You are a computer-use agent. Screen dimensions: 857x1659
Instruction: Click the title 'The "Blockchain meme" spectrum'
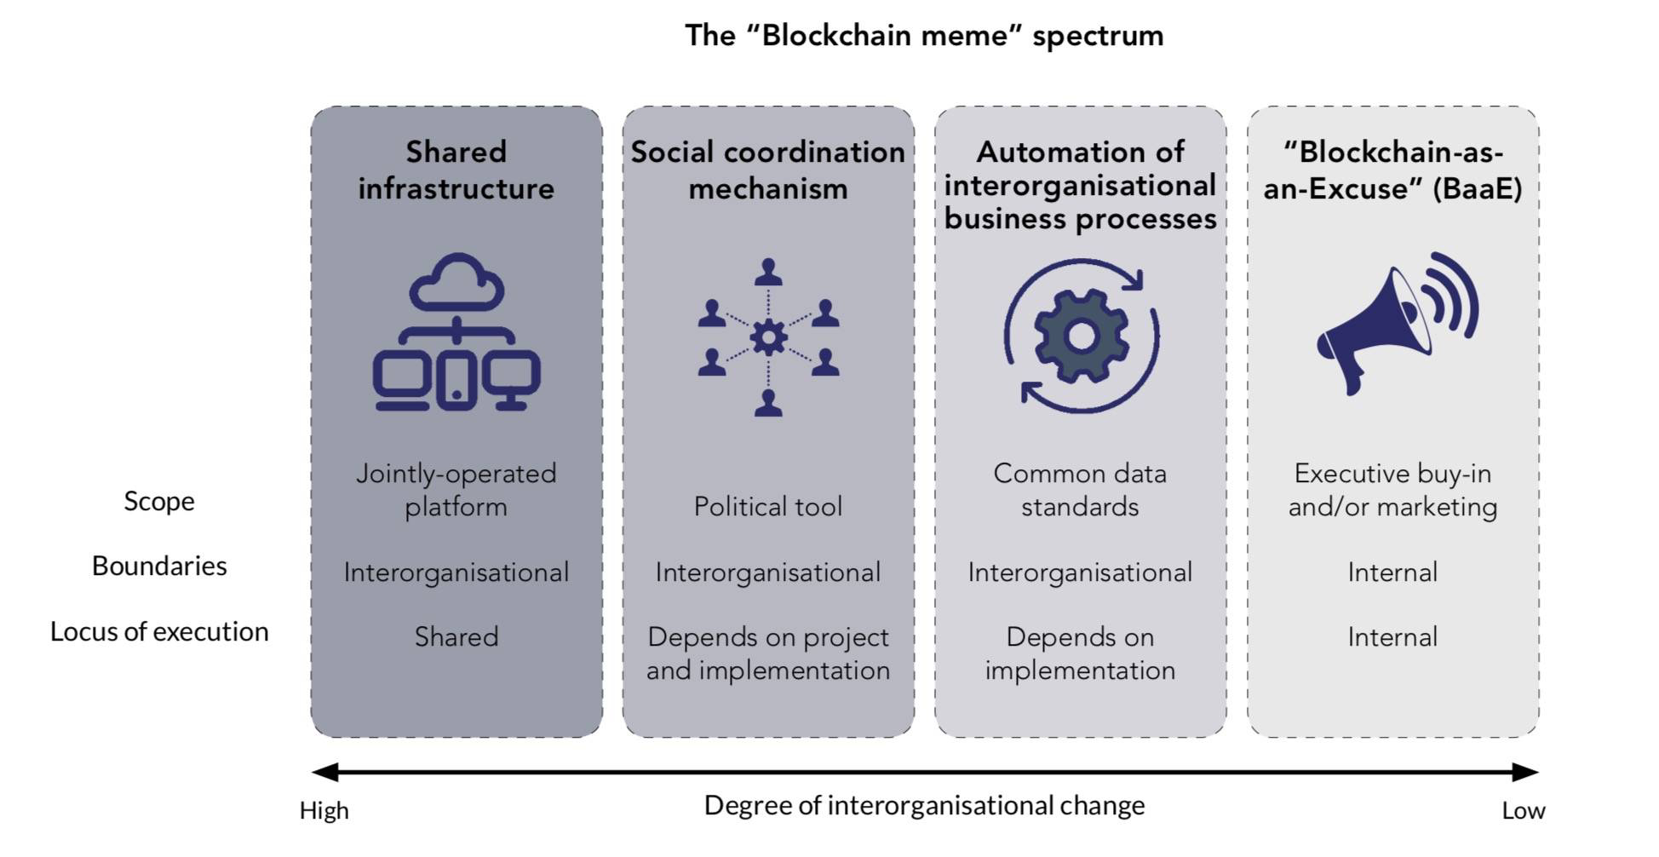point(923,36)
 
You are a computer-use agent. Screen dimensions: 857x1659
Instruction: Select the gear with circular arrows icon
point(1081,336)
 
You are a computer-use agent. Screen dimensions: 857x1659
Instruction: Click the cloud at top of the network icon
point(456,284)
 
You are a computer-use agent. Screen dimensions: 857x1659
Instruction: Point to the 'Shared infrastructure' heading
point(456,170)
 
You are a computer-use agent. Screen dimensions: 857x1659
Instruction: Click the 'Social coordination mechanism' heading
point(767,170)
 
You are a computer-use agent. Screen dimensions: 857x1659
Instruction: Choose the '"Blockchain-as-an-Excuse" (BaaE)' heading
point(1392,170)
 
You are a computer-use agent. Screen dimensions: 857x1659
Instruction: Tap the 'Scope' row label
point(159,501)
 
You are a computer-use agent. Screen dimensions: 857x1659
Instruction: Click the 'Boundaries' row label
point(159,566)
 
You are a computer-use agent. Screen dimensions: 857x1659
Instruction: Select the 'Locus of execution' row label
point(159,631)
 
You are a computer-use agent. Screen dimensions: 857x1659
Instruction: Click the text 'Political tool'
point(767,507)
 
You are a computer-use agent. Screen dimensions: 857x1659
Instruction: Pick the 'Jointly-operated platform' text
point(456,490)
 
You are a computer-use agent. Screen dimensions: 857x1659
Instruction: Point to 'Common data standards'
point(1080,490)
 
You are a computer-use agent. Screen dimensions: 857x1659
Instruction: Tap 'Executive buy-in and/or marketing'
point(1392,490)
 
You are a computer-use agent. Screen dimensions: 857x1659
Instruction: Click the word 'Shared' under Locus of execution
point(456,637)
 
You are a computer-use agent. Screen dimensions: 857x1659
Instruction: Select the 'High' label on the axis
point(324,810)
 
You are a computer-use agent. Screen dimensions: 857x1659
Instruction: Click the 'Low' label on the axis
point(1523,810)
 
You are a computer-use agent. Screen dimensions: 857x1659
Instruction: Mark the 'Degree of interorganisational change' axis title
point(924,805)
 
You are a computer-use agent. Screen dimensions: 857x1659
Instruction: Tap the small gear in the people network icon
point(768,338)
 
